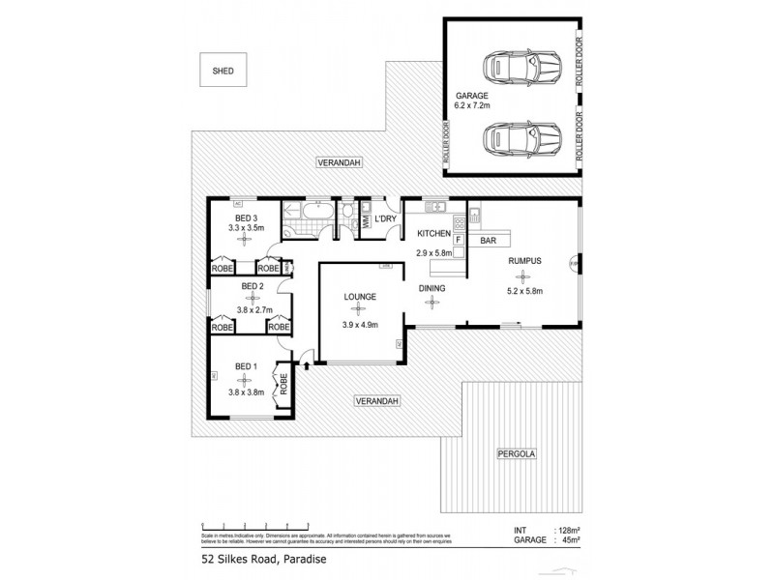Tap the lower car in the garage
pos(523,141)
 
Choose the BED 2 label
pos(253,286)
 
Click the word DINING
pos(432,287)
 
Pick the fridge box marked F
pos(459,238)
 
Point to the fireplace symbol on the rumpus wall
pos(574,263)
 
